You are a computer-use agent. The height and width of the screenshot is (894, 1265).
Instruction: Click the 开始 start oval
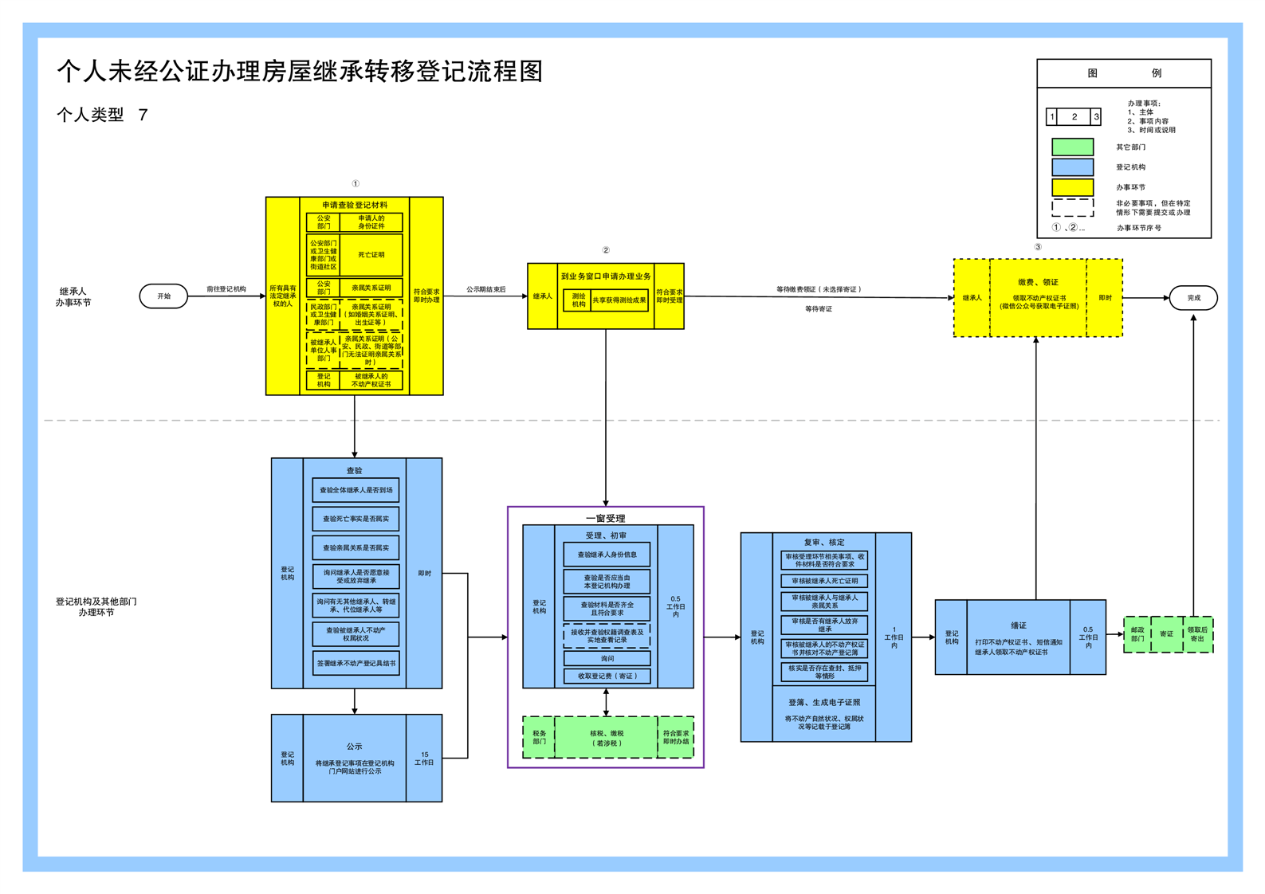pos(163,296)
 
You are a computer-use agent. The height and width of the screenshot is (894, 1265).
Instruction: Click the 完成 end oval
pos(1193,298)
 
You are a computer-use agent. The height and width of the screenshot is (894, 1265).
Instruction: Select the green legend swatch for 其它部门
pos(1072,147)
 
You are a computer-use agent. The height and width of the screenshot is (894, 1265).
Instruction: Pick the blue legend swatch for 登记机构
pos(1072,167)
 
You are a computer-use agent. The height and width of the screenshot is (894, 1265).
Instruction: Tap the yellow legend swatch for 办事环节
pos(1072,187)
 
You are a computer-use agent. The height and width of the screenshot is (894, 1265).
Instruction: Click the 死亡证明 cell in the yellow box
pos(371,255)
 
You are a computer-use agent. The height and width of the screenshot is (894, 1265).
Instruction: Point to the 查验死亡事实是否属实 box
pos(356,519)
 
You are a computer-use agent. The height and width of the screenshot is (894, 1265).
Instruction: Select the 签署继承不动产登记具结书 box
pos(356,663)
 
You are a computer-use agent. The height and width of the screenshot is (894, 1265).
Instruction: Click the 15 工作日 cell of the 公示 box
pos(424,759)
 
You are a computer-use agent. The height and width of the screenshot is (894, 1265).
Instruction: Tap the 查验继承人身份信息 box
pos(607,555)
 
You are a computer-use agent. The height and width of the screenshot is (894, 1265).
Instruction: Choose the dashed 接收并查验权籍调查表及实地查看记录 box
pos(607,636)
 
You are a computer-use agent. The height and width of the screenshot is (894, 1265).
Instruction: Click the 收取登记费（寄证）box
pos(607,676)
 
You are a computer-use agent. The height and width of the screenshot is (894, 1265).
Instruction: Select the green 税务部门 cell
pos(540,738)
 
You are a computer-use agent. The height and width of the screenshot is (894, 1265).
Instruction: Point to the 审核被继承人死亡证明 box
pos(824,581)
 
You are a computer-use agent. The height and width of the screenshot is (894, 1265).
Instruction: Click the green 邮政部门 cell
pos(1137,634)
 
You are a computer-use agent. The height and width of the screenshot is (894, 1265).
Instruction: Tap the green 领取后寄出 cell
pos(1197,634)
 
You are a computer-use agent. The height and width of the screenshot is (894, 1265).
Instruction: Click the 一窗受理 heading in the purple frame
pos(606,518)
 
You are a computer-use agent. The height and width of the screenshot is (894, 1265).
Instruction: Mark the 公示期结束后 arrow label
pos(485,289)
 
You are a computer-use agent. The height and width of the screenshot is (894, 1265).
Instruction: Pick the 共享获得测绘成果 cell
pos(619,300)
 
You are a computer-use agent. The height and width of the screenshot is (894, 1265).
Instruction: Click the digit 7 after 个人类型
pos(143,115)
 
